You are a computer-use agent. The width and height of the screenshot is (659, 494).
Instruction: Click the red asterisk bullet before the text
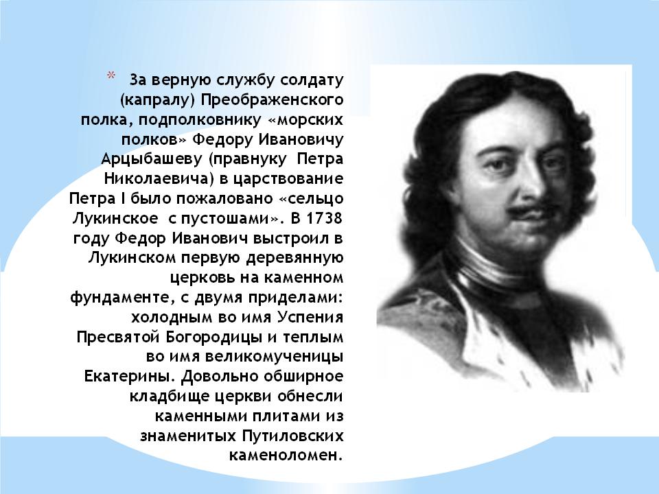(x=111, y=75)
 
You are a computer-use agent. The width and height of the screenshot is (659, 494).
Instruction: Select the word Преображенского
(x=272, y=100)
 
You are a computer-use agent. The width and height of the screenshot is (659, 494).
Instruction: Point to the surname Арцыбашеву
(x=152, y=159)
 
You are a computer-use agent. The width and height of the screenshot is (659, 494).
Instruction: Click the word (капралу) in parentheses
(x=158, y=100)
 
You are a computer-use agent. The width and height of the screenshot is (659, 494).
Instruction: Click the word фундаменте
(x=122, y=298)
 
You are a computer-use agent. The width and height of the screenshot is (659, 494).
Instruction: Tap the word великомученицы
(x=274, y=357)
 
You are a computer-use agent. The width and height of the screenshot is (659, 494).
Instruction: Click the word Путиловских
(x=292, y=436)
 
